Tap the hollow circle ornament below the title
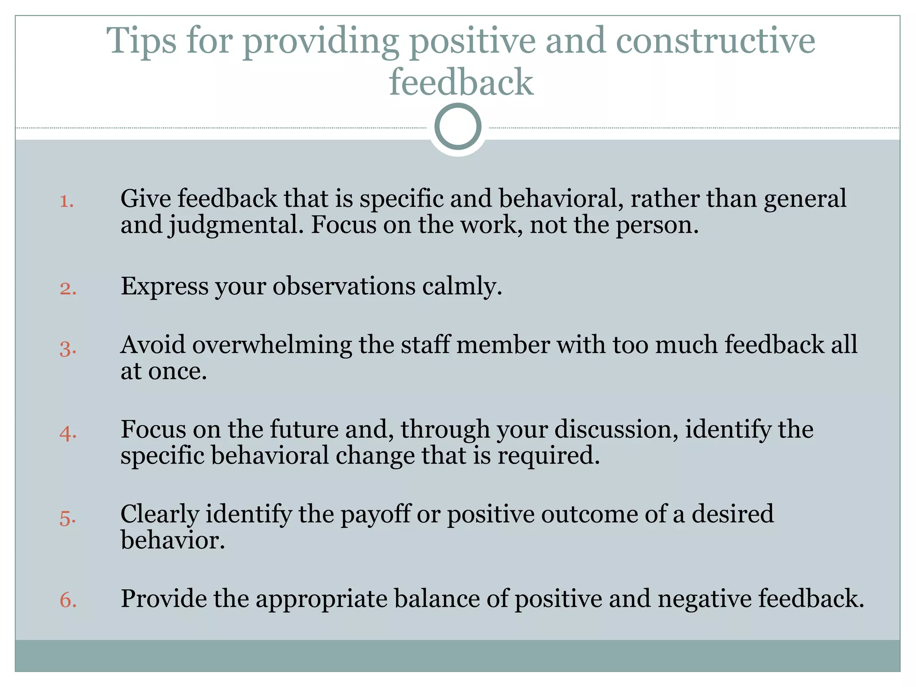click(458, 127)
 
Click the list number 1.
click(67, 201)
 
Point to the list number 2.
click(68, 288)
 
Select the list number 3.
click(68, 348)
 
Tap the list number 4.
click(68, 433)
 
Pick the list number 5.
click(68, 518)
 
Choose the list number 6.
click(68, 600)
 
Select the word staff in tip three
click(424, 345)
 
